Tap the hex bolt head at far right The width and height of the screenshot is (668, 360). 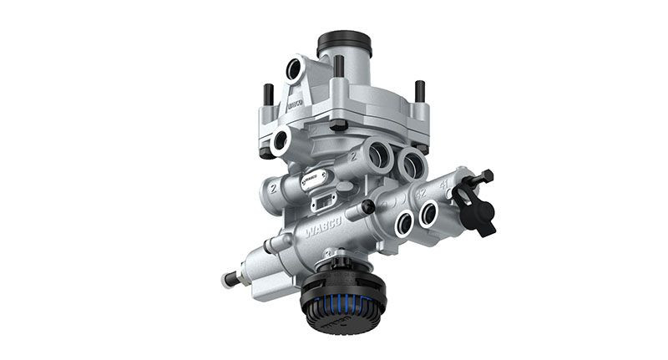485,176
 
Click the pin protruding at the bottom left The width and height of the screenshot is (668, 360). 229,278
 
